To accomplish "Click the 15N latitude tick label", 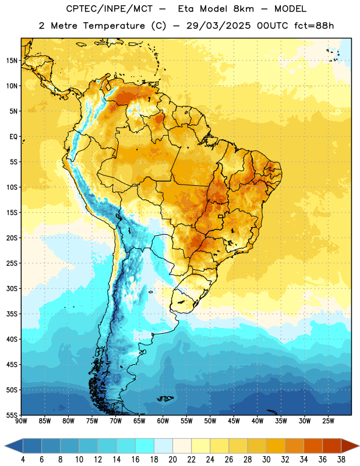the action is pyautogui.click(x=12, y=61).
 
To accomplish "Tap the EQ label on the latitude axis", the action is pyautogui.click(x=13, y=137).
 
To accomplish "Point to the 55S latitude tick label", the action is pyautogui.click(x=12, y=415).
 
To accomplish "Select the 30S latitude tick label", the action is pyautogui.click(x=12, y=288).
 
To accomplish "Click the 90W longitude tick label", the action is pyautogui.click(x=21, y=421).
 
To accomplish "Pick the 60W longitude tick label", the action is pyautogui.click(x=163, y=421).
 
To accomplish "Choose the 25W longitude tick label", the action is pyautogui.click(x=328, y=421).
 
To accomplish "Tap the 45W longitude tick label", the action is pyautogui.click(x=234, y=421).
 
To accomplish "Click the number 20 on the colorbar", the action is pyautogui.click(x=172, y=460).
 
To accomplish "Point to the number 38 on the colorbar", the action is pyautogui.click(x=341, y=460).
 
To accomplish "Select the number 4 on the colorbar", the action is pyautogui.click(x=23, y=460).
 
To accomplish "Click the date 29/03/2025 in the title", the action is pyautogui.click(x=218, y=26).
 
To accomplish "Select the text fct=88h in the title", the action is pyautogui.click(x=314, y=26).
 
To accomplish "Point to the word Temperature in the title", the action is pyautogui.click(x=114, y=26).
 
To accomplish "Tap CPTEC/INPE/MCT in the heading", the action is pyautogui.click(x=109, y=9).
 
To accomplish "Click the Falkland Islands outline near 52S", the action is pyautogui.click(x=165, y=398).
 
